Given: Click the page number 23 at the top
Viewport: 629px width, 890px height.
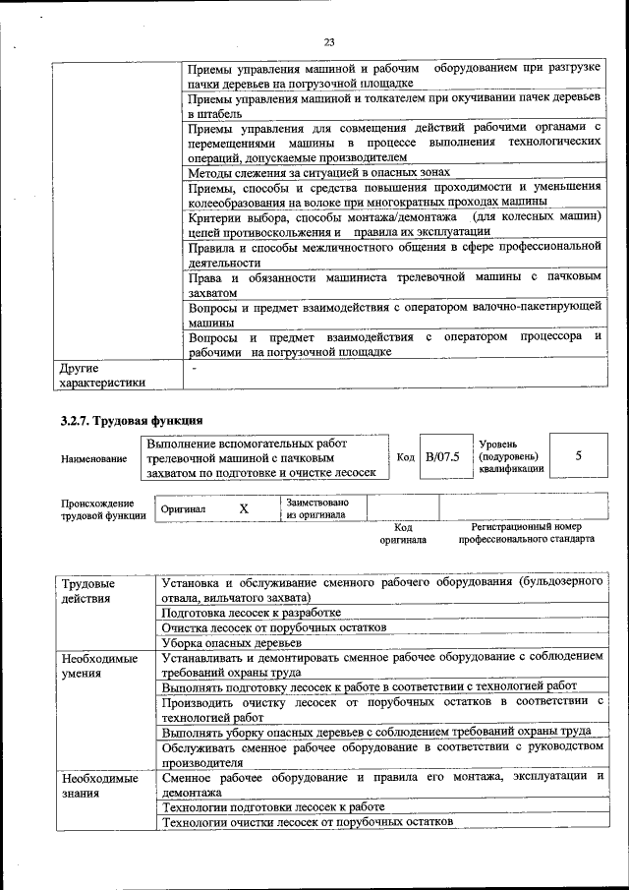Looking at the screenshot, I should pyautogui.click(x=328, y=41).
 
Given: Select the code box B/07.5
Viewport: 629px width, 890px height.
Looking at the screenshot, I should pyautogui.click(x=442, y=457).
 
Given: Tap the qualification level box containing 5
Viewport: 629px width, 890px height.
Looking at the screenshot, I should pyautogui.click(x=578, y=456).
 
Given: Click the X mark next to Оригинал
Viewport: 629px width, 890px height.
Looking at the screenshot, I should pyautogui.click(x=244, y=508).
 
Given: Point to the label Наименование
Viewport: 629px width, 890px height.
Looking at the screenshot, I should pyautogui.click(x=93, y=458).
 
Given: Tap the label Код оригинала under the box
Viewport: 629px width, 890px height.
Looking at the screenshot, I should pyautogui.click(x=402, y=533).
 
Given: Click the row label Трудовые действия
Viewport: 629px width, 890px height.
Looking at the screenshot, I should pyautogui.click(x=87, y=590).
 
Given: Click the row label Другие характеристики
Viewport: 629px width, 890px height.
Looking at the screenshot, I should pyautogui.click(x=102, y=375).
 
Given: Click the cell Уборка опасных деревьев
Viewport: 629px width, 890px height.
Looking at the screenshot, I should pyautogui.click(x=231, y=642).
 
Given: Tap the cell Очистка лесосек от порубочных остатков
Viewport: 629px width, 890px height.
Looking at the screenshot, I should pyautogui.click(x=274, y=627).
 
